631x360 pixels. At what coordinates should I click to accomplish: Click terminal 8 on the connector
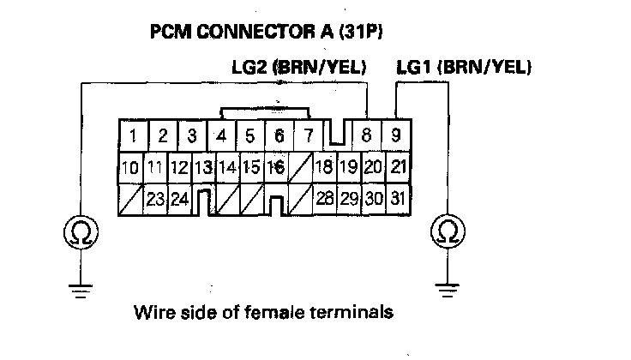click(367, 135)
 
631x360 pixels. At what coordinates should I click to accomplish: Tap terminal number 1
click(134, 135)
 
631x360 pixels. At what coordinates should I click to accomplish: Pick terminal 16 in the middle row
click(277, 167)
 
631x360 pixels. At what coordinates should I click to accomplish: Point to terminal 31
click(397, 199)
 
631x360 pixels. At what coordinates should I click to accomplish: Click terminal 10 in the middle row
click(129, 167)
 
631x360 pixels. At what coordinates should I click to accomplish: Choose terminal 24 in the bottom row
click(178, 199)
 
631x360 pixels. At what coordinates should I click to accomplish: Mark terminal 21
click(397, 167)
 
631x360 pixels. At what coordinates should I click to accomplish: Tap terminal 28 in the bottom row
click(325, 199)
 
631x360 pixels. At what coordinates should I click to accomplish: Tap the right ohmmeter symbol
click(447, 231)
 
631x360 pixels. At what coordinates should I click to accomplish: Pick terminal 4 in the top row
click(221, 135)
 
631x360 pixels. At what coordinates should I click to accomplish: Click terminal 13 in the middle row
click(203, 167)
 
